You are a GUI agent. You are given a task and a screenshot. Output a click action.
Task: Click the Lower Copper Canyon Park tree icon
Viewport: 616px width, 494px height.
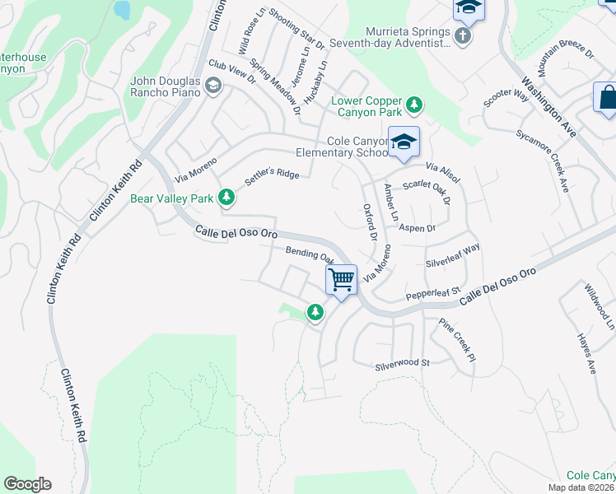click(x=416, y=105)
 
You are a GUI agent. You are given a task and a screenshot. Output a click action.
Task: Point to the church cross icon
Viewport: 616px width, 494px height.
click(x=463, y=35)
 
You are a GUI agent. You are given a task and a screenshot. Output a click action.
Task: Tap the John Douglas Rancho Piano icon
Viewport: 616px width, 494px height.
click(x=213, y=86)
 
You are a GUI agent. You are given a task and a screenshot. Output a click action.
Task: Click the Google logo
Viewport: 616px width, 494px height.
click(x=27, y=484)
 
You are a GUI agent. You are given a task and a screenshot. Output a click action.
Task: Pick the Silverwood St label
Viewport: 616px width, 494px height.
click(x=403, y=363)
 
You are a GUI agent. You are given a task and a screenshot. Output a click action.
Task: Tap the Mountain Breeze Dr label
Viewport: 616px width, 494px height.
click(x=565, y=58)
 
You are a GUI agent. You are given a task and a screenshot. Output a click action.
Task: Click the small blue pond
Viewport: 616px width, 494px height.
click(x=122, y=10)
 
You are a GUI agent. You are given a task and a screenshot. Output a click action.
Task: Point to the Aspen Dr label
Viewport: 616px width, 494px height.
click(x=417, y=228)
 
